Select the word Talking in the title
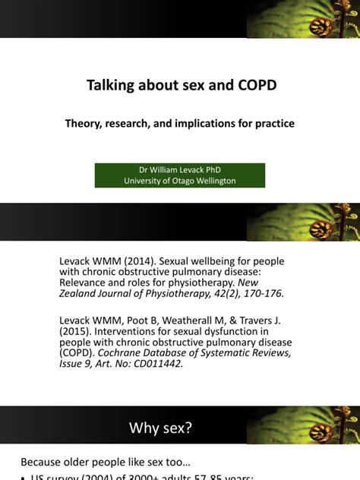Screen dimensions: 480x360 pos(112,85)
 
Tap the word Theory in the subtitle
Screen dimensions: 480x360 pos(86,123)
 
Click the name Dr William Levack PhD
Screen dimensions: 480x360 pos(180,170)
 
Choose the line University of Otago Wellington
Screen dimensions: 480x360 pos(180,181)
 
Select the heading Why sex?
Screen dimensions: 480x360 pos(162,428)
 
